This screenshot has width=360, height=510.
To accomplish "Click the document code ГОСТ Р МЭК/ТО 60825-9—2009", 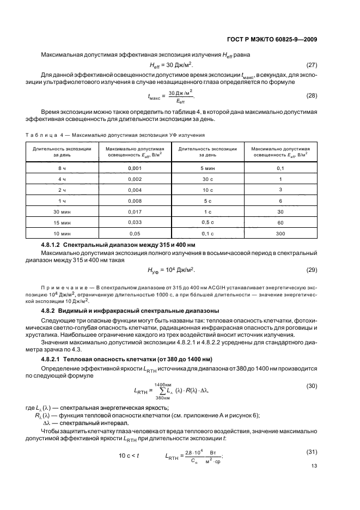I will pyautogui.click(x=270, y=39).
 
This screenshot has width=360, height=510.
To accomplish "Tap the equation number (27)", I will pyautogui.click(x=311, y=65).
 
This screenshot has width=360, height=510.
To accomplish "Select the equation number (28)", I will pyautogui.click(x=311, y=95).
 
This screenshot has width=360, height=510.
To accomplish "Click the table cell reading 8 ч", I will pyautogui.click(x=62, y=168).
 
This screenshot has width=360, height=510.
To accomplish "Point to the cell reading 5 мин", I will pyautogui.click(x=207, y=168).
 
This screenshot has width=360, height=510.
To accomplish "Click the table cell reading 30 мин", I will pyautogui.click(x=62, y=211).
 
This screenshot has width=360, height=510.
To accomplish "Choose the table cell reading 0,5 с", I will pyautogui.click(x=207, y=222).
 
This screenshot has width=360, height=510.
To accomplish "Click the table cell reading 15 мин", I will pyautogui.click(x=62, y=222).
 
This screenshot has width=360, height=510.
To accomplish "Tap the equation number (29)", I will pyautogui.click(x=311, y=269).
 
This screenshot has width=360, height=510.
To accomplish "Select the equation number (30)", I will pyautogui.click(x=311, y=386).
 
